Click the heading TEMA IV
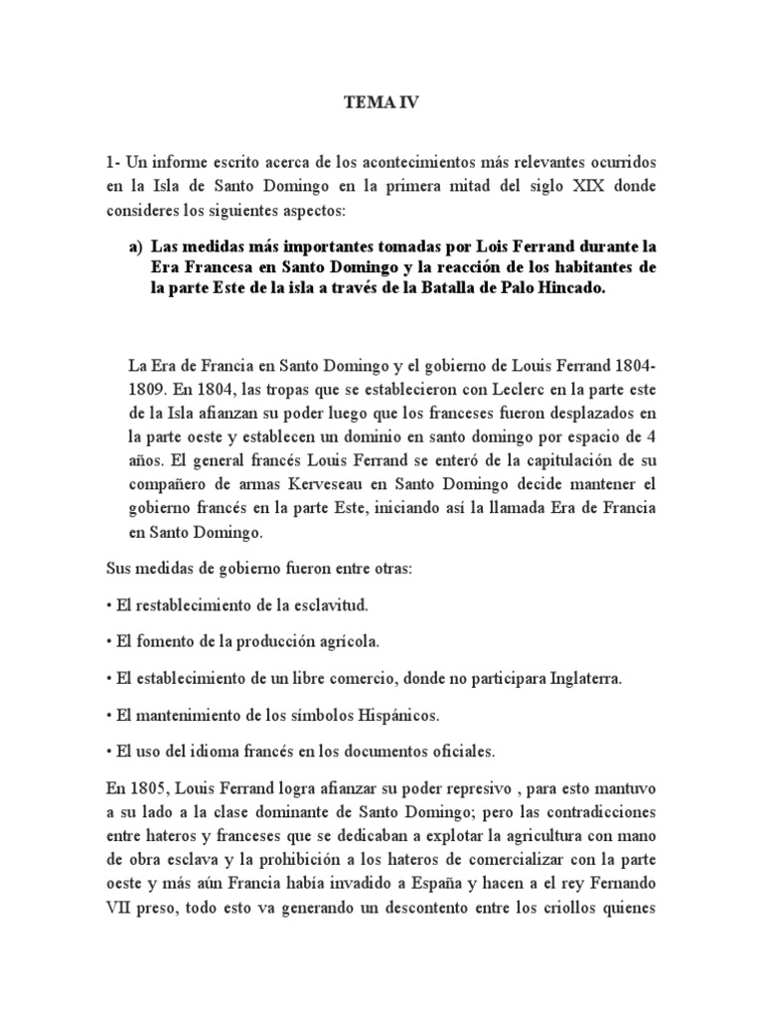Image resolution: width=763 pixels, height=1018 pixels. pos(381,101)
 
